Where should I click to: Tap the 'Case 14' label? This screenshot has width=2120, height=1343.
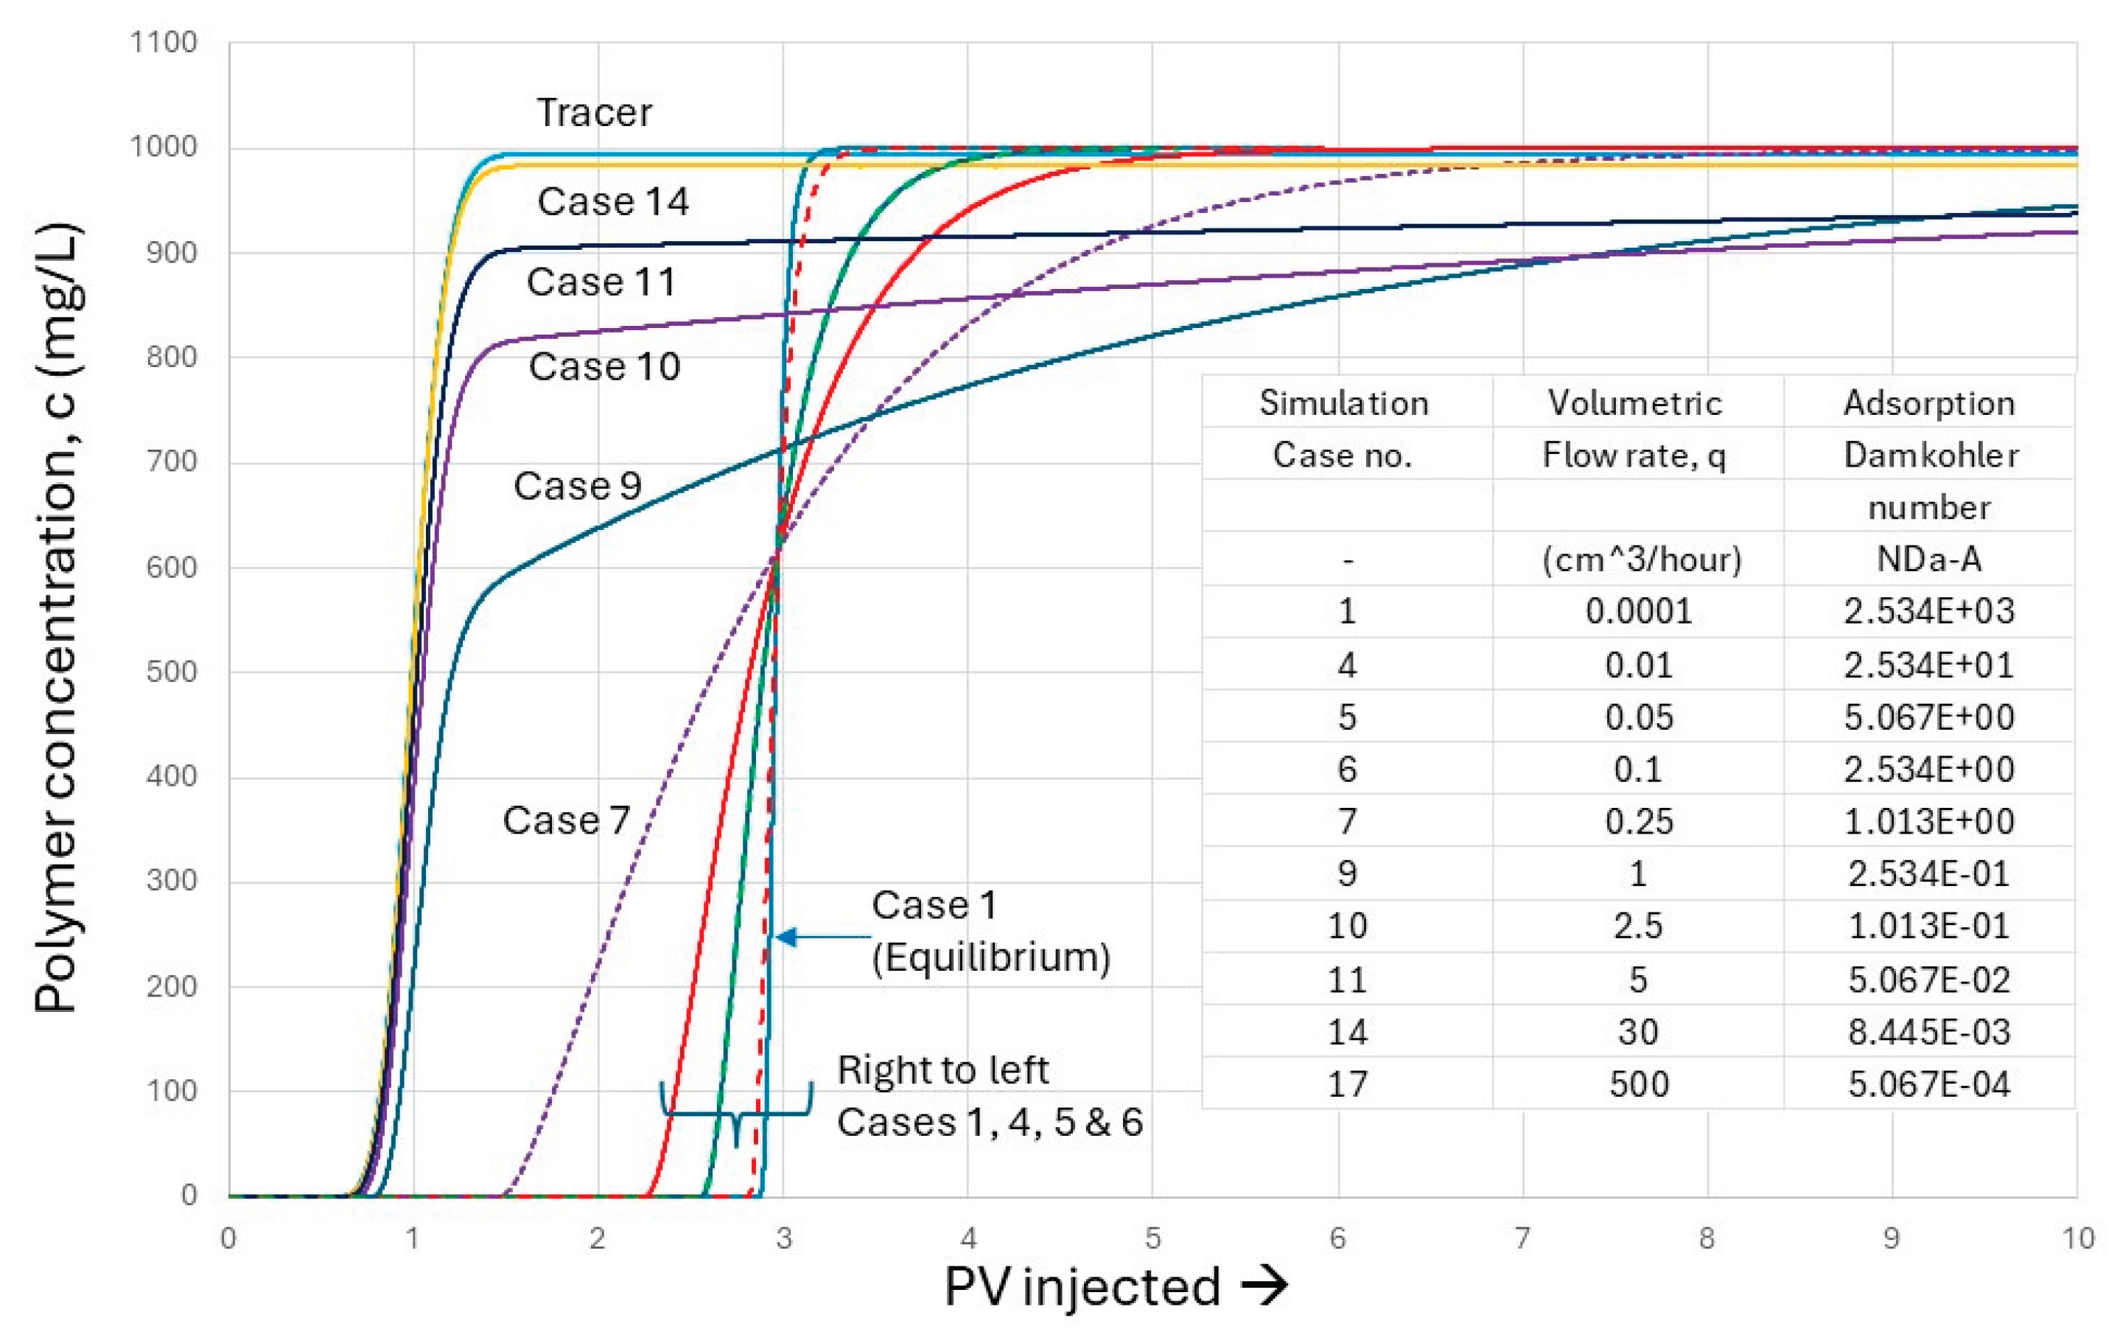pos(613,202)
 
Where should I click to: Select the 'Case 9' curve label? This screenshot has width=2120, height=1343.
pos(578,486)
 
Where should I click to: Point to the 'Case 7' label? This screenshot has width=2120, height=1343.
pos(566,821)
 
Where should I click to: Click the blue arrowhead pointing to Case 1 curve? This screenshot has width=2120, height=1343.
pos(786,937)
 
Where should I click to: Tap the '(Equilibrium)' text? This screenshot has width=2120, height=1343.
pos(991,957)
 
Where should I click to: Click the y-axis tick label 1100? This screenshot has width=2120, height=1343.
pos(164,42)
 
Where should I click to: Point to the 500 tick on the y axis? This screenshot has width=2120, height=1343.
pos(172,672)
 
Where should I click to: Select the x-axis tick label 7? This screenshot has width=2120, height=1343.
pos(1522,1239)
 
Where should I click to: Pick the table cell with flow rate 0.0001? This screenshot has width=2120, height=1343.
pos(1638,611)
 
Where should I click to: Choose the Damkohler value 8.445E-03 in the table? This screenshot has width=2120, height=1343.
pos(1929,1031)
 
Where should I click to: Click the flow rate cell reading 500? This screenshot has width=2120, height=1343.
pos(1638,1084)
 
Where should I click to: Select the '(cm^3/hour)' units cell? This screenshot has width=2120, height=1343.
pos(1642,560)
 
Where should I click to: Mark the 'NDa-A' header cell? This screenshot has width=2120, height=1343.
pos(1929,559)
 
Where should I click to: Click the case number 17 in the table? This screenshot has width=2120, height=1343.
pos(1347,1084)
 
